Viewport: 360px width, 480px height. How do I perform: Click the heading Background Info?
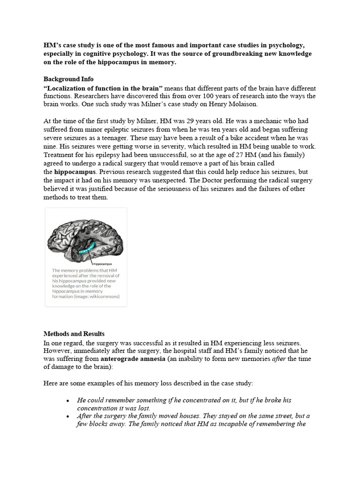point(68,79)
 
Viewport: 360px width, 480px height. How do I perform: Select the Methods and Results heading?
point(74,334)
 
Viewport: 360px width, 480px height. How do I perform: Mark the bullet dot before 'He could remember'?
point(68,401)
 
